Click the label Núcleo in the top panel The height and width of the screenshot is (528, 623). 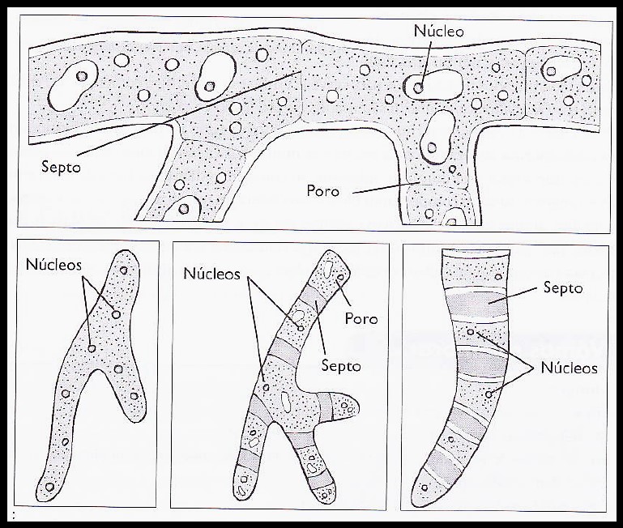pyautogui.click(x=438, y=31)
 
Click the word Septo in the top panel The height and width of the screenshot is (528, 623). pyautogui.click(x=61, y=167)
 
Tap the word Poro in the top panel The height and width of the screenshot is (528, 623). pyautogui.click(x=322, y=191)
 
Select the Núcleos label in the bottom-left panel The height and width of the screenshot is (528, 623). pyautogui.click(x=53, y=265)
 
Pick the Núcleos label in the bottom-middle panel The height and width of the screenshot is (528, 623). pyautogui.click(x=211, y=274)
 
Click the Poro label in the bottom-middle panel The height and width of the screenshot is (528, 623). pyautogui.click(x=361, y=318)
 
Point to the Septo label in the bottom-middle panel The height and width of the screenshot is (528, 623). pyautogui.click(x=341, y=365)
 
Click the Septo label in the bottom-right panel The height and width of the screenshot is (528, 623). pyautogui.click(x=562, y=288)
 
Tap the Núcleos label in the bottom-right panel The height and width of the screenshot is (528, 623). pyautogui.click(x=569, y=368)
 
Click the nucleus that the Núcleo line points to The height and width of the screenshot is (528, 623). pyautogui.click(x=418, y=88)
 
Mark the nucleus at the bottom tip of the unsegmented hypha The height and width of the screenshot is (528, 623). pyautogui.click(x=49, y=487)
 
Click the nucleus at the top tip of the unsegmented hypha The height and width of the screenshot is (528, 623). pyautogui.click(x=124, y=270)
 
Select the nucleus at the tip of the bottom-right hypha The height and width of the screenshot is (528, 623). pyautogui.click(x=425, y=488)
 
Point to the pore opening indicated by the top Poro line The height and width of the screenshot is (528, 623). pyautogui.click(x=420, y=183)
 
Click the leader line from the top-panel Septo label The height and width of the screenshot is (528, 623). pyautogui.click(x=189, y=113)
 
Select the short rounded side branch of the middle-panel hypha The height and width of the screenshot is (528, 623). pyautogui.click(x=342, y=407)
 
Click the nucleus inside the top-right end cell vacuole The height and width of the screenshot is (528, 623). pyautogui.click(x=551, y=71)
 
